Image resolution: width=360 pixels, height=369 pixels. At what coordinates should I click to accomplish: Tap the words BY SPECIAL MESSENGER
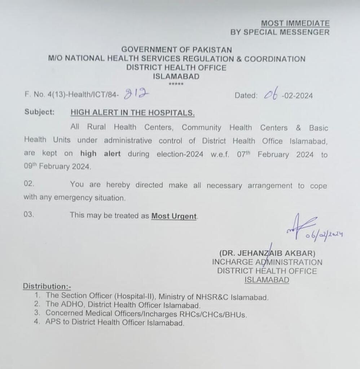[x=280, y=32]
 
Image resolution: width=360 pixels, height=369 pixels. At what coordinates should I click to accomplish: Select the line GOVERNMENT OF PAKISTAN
[x=176, y=50]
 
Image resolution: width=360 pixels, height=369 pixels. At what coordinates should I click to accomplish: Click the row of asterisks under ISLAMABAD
[x=176, y=84]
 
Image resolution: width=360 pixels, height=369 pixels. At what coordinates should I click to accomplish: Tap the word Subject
[x=40, y=112]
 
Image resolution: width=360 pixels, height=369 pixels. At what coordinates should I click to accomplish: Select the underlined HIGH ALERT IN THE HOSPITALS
[x=132, y=112]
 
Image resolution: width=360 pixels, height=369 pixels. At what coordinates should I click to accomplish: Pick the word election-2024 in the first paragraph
[x=179, y=154]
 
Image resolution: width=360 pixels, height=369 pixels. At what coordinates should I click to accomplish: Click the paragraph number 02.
[x=29, y=184]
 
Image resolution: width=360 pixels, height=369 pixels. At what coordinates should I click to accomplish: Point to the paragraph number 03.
[x=29, y=214]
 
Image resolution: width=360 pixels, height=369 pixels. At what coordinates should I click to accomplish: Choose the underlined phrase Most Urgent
[x=174, y=216]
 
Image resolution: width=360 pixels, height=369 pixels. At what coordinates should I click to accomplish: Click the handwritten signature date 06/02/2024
[x=323, y=235]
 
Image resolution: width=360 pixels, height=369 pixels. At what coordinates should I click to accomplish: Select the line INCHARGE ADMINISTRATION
[x=267, y=262]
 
